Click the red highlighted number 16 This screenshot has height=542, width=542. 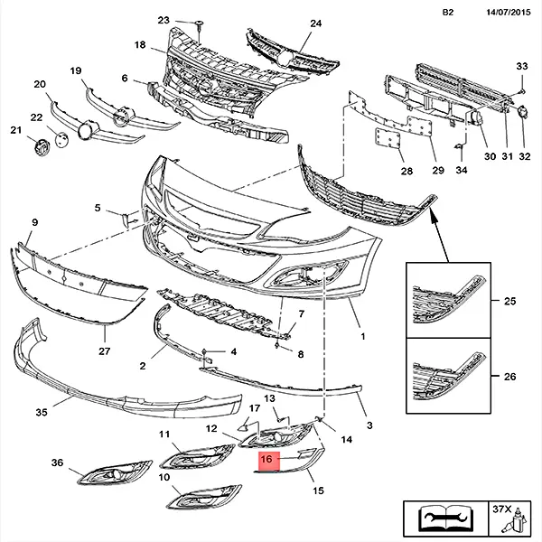(x=265, y=460)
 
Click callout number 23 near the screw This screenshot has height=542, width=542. (x=163, y=20)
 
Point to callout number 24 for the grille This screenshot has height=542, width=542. (x=290, y=23)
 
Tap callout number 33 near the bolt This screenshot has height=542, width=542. (x=521, y=67)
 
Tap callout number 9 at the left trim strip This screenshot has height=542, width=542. (x=34, y=222)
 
